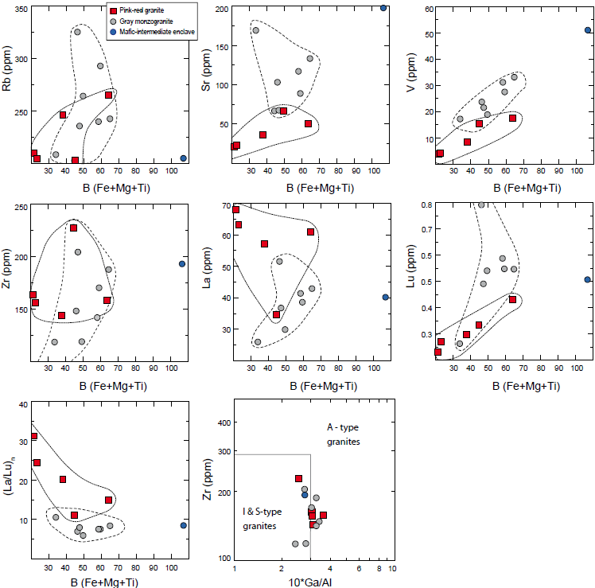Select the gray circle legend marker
point(112,19)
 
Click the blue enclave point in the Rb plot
point(184,158)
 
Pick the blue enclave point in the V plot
point(588,30)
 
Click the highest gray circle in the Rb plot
point(77,32)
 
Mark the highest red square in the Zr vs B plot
point(73,228)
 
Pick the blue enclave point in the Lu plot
point(588,279)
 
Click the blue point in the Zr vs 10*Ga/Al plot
point(305,494)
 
